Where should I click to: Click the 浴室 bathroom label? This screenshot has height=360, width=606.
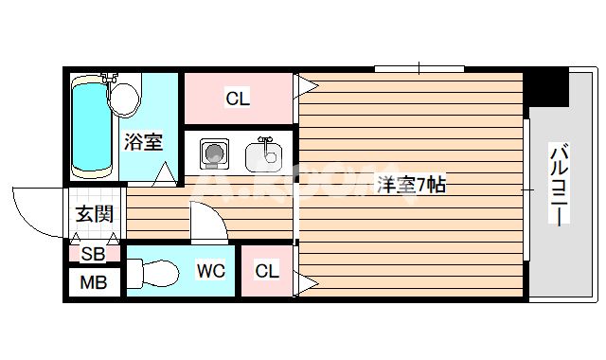pyautogui.click(x=143, y=142)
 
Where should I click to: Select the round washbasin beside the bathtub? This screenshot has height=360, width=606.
pyautogui.click(x=123, y=95)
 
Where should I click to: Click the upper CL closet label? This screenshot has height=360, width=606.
pyautogui.click(x=237, y=98)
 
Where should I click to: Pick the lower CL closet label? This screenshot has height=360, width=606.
pyautogui.click(x=267, y=272)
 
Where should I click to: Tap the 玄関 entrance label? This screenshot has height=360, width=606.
pyautogui.click(x=93, y=214)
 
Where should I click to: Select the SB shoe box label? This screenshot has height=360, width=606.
pyautogui.click(x=93, y=253)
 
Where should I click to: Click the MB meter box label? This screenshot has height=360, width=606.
pyautogui.click(x=93, y=282)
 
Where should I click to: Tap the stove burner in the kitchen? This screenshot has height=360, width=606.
pyautogui.click(x=212, y=152)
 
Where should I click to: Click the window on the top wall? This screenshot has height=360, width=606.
pyautogui.click(x=419, y=68)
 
